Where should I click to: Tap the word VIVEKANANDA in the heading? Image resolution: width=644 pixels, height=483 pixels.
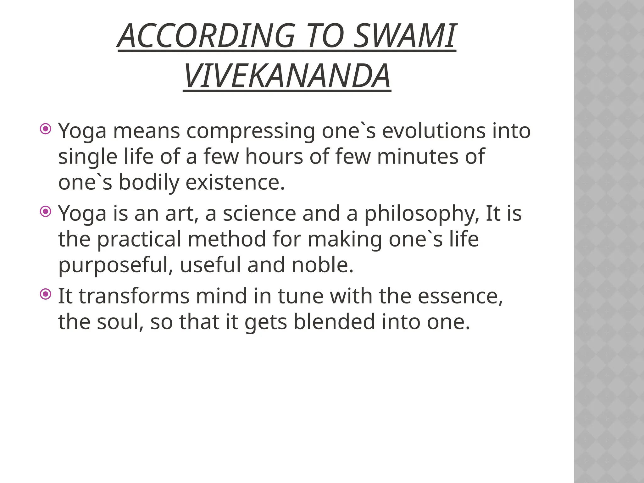coord(287,76)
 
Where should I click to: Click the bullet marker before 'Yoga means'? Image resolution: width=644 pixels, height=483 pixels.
coord(46,129)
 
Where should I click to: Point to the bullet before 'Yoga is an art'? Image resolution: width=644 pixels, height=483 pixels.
coord(46,211)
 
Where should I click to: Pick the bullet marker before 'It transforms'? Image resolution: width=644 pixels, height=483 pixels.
coord(46,294)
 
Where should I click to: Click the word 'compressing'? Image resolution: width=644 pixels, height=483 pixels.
coord(251,131)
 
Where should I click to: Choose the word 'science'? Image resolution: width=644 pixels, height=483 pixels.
coord(259,214)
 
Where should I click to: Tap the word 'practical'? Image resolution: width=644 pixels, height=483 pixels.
coord(139,240)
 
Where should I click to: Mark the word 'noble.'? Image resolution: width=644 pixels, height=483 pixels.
coord(323,265)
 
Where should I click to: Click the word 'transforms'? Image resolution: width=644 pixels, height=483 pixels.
coord(134,296)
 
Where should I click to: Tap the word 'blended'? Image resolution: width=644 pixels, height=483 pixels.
coord(334,322)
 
